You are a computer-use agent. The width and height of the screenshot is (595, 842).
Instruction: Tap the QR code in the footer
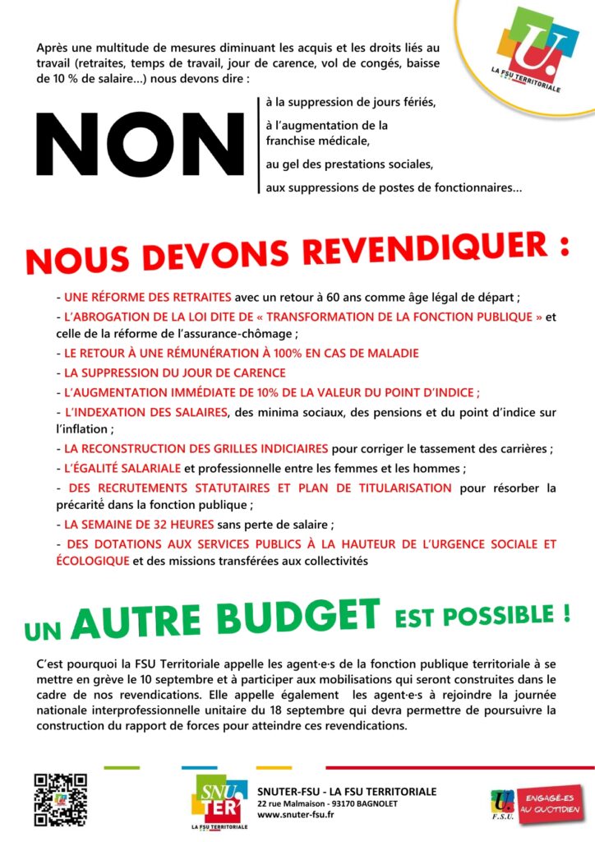60,799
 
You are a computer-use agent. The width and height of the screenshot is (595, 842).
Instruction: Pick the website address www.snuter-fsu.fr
296,815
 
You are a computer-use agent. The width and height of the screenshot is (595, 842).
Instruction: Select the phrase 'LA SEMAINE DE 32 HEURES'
141,524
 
